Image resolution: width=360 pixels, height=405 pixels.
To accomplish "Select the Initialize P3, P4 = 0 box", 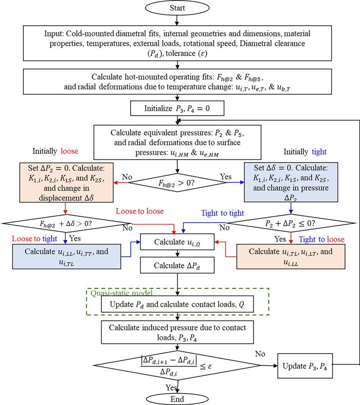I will click(x=179, y=108).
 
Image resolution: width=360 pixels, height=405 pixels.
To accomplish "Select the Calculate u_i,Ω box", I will click(x=179, y=242).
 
